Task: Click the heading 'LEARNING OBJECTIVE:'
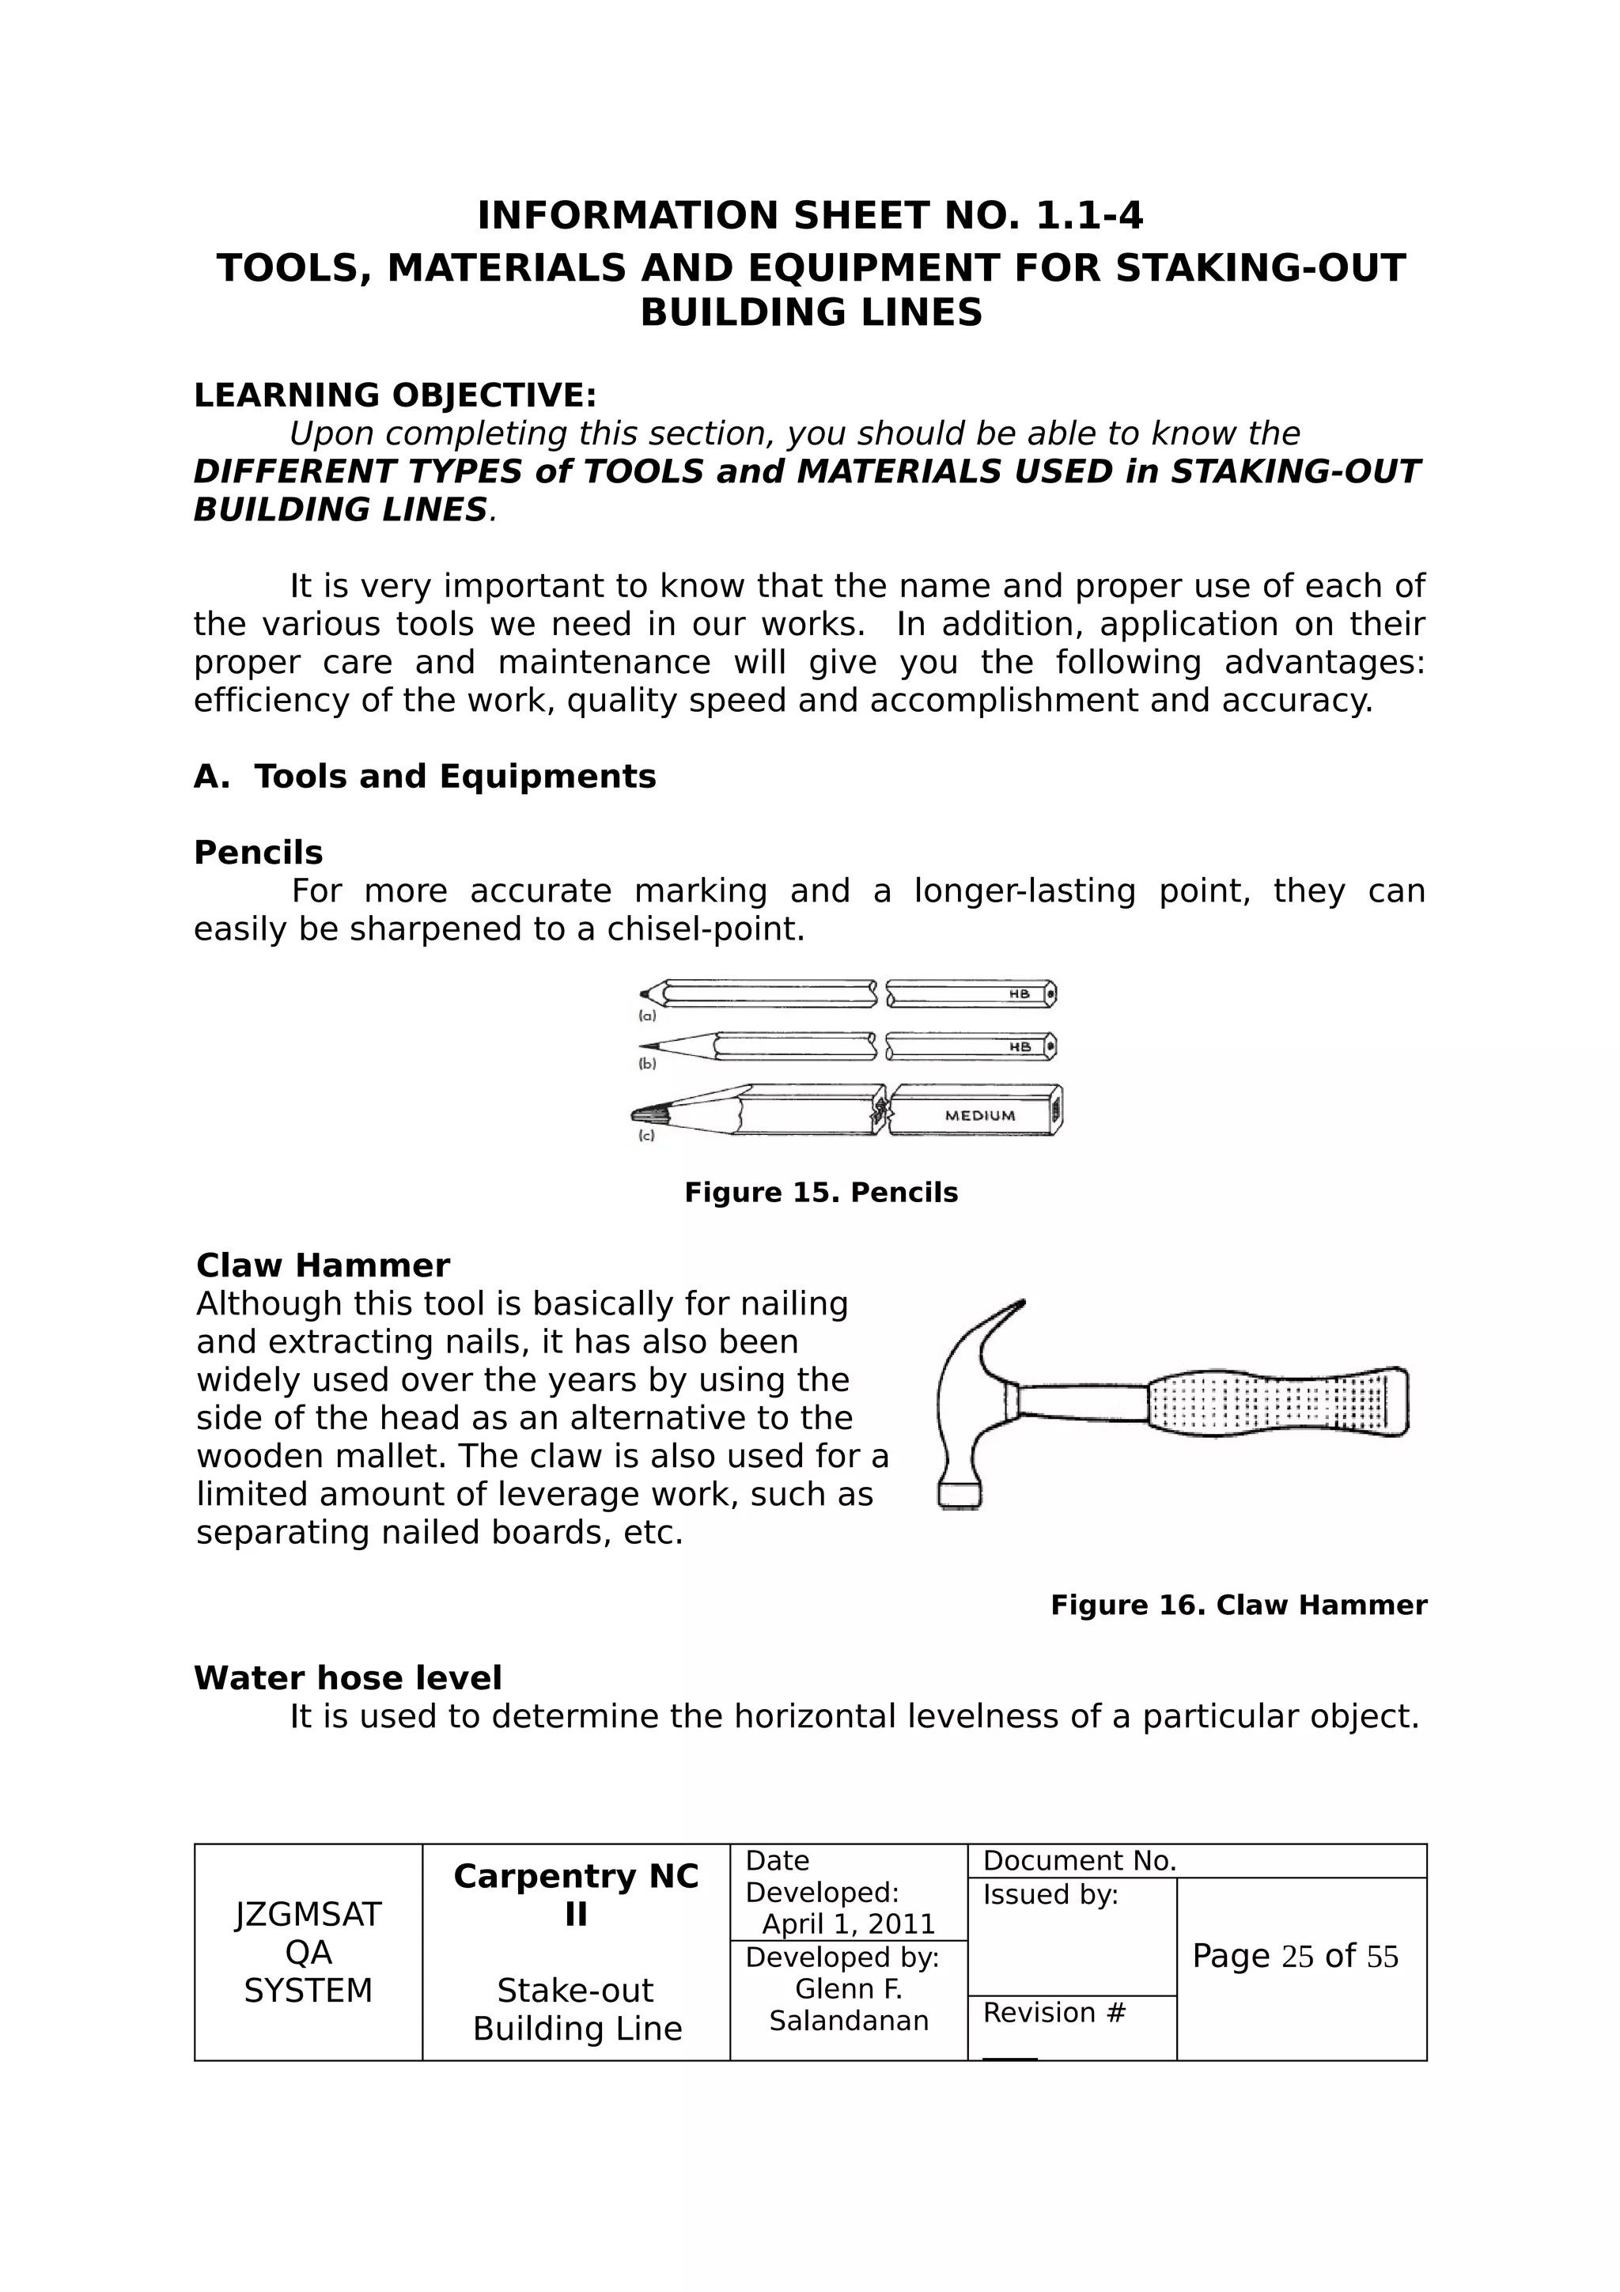(394, 395)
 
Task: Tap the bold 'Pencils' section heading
(258, 853)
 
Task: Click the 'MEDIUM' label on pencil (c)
(979, 1115)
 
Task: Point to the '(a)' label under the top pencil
(647, 1016)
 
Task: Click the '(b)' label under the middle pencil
(647, 1065)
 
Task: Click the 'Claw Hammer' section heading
(323, 1265)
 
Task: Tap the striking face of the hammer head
(960, 1496)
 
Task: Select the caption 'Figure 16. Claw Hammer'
(1238, 1606)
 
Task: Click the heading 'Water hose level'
(347, 1678)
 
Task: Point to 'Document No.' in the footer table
(1080, 1861)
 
